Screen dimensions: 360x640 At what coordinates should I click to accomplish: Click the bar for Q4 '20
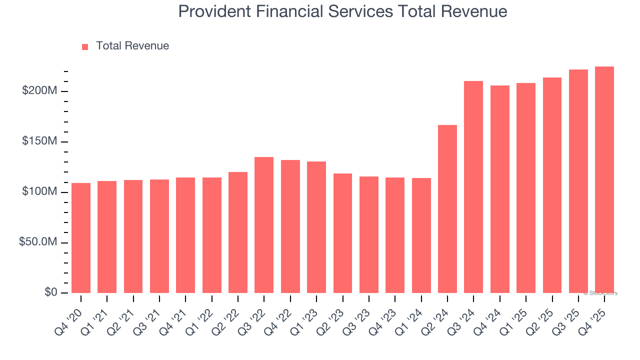[x=81, y=238]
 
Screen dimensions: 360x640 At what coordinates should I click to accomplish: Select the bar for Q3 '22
[x=264, y=225]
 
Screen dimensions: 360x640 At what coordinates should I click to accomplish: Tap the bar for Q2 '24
[x=447, y=209]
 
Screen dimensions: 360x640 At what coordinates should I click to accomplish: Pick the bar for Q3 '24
[x=473, y=187]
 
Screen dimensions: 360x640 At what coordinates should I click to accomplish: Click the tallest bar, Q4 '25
[x=604, y=180]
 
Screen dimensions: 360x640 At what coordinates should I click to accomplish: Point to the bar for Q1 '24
[x=421, y=235]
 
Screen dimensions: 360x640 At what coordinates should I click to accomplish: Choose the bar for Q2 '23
[x=342, y=233]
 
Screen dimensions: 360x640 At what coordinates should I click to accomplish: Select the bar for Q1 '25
[x=526, y=188]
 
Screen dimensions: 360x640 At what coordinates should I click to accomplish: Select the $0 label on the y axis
[x=50, y=292]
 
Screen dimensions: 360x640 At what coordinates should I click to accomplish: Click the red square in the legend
[x=85, y=46]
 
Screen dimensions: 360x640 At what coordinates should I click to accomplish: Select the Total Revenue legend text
[x=132, y=46]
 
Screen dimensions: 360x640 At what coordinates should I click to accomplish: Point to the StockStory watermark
[x=600, y=293]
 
